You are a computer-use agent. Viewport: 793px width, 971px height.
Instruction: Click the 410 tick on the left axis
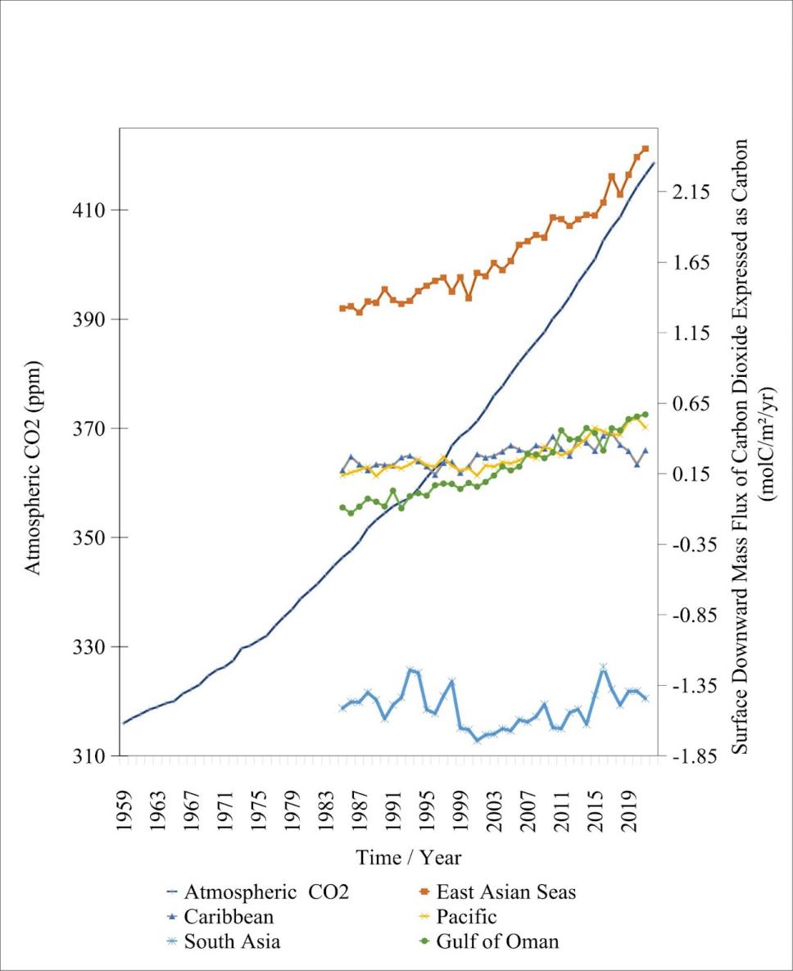(91, 210)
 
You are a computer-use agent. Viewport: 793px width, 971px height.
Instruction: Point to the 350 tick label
(91, 538)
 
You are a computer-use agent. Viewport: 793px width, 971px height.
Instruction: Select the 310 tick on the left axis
(91, 755)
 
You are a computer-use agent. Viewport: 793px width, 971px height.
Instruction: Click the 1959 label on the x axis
(124, 814)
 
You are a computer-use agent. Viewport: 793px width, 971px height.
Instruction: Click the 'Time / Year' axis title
(409, 858)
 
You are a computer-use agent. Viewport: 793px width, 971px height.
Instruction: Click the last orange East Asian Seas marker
(646, 148)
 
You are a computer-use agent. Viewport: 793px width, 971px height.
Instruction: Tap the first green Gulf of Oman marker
(342, 508)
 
